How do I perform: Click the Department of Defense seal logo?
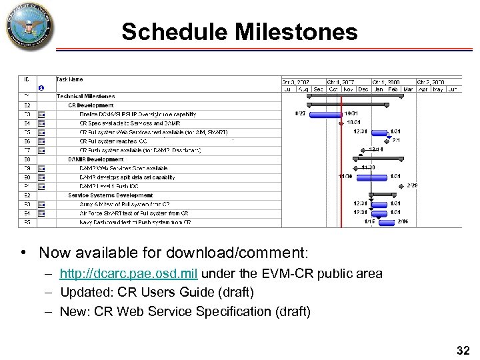[29, 27]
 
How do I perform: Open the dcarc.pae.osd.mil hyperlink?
[129, 273]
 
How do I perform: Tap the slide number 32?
[462, 350]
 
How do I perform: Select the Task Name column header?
[70, 79]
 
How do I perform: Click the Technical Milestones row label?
[85, 97]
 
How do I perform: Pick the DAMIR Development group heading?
[95, 159]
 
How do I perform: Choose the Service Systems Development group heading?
[110, 195]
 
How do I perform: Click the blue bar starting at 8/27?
[326, 114]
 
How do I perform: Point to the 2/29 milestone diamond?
[401, 186]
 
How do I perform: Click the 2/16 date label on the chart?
[403, 221]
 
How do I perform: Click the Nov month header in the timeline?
[348, 89]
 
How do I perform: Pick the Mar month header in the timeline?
[407, 89]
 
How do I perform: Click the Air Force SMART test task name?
[133, 213]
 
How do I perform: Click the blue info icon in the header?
[42, 88]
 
